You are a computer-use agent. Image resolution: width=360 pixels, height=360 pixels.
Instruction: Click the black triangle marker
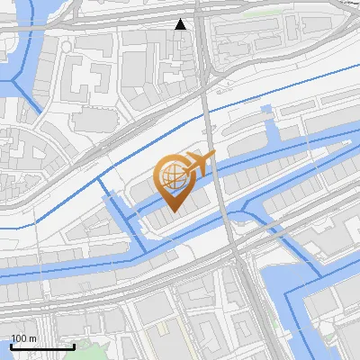click(x=181, y=24)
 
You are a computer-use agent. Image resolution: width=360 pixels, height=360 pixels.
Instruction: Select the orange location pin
click(x=174, y=181)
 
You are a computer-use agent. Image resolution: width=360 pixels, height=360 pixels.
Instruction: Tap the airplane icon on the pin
click(x=198, y=164)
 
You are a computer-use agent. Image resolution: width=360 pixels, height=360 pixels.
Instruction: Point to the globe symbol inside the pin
click(x=171, y=175)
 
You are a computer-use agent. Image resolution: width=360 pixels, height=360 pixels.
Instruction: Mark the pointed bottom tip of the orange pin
click(x=174, y=211)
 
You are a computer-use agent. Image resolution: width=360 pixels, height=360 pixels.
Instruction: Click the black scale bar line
click(x=42, y=346)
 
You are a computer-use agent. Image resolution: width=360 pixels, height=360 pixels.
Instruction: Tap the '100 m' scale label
click(x=24, y=338)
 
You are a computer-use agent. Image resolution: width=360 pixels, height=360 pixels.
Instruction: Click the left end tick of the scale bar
click(x=12, y=345)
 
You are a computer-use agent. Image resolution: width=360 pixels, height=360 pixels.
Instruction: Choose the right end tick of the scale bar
click(x=73, y=345)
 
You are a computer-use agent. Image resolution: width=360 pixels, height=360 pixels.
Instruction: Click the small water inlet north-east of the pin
click(x=265, y=112)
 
